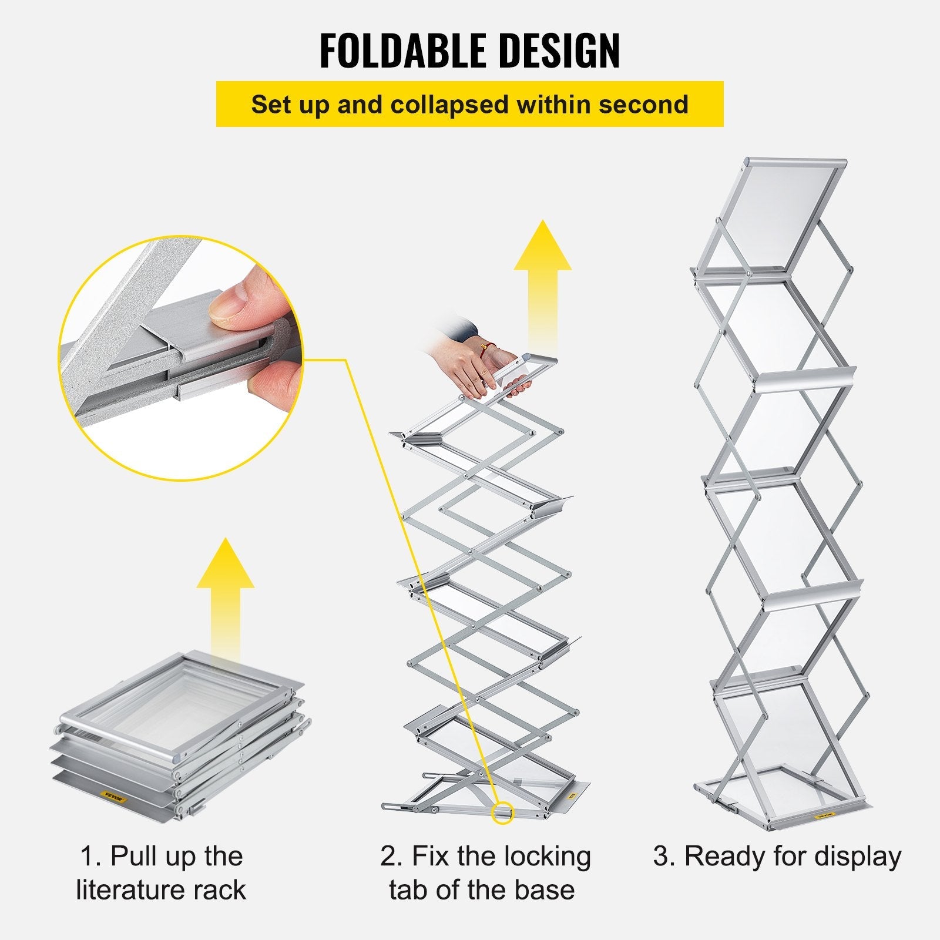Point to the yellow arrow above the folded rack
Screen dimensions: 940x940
point(225,593)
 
